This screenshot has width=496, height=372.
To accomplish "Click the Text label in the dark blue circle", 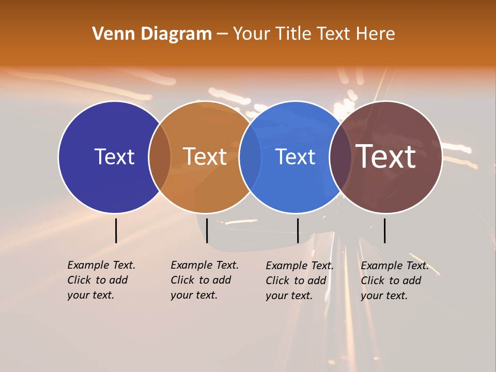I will (114, 157).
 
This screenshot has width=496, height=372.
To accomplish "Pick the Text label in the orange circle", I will (205, 157).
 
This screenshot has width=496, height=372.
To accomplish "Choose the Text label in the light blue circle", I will (295, 157).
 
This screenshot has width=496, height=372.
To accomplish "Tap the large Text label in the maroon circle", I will (386, 157).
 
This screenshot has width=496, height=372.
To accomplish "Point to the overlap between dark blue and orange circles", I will (160, 157).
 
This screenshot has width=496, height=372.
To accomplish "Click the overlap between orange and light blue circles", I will (250, 157).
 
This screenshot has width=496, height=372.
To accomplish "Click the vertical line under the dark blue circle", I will (116, 230).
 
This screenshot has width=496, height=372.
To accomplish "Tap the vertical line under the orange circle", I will (207, 230).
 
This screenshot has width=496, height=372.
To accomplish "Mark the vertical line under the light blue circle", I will (298, 230).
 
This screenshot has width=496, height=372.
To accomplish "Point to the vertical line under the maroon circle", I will (384, 230).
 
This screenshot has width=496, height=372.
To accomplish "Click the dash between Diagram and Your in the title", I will (222, 35).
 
